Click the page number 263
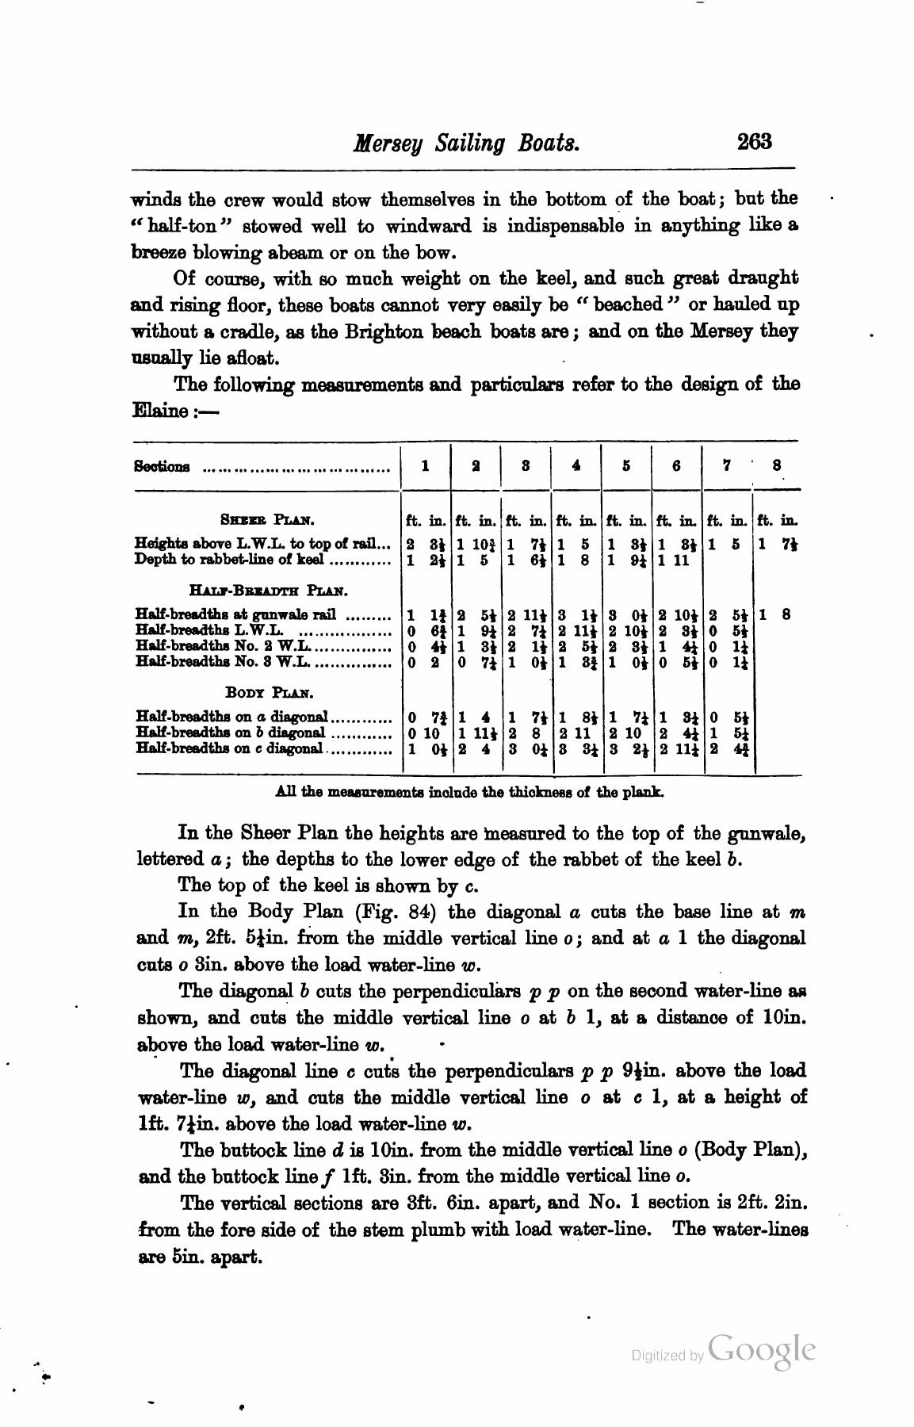coord(754,142)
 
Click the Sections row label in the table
coord(163,466)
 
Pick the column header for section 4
coord(576,466)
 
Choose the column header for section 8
coord(777,466)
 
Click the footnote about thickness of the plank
coord(469,791)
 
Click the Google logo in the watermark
coord(761,1350)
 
